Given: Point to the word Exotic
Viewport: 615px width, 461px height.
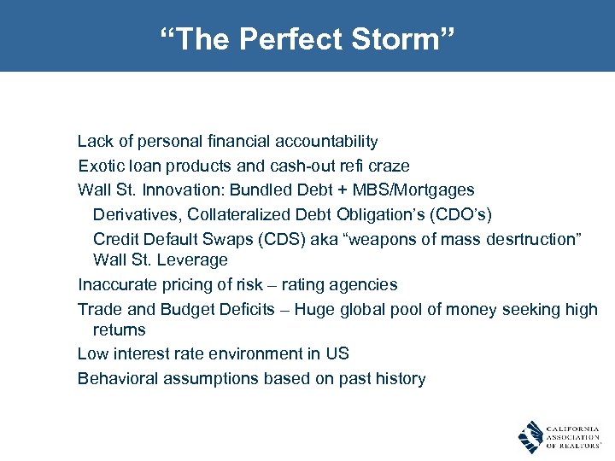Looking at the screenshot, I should pos(101,166).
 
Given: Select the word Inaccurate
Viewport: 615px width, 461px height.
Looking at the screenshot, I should pos(114,283).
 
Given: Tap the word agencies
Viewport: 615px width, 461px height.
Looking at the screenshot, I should pos(366,283).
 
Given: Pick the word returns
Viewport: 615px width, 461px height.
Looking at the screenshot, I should pos(119,330).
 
